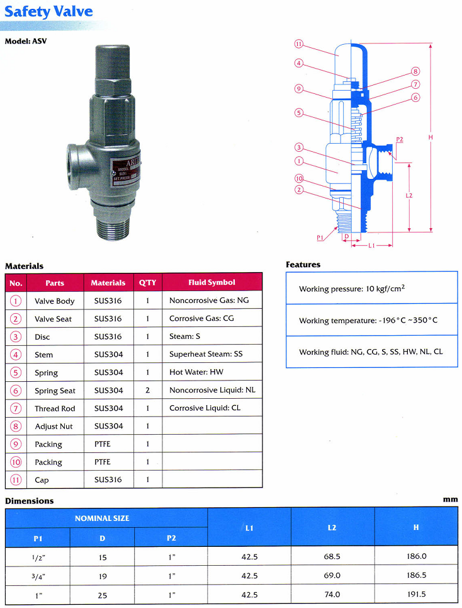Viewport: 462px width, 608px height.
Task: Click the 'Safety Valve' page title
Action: [48, 11]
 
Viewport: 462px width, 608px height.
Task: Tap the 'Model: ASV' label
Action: [26, 42]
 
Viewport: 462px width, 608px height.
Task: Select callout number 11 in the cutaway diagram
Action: [299, 44]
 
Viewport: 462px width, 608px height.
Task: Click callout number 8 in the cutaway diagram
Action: [415, 72]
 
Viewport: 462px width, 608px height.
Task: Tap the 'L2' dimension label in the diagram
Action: [409, 196]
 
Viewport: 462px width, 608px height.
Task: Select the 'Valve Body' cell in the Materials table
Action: [54, 301]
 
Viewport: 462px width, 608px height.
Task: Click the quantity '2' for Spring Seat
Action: [147, 391]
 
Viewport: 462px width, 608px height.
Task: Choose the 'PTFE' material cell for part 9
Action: [102, 444]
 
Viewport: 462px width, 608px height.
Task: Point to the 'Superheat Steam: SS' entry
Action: [205, 355]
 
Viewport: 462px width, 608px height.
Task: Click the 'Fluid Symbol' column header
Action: [211, 283]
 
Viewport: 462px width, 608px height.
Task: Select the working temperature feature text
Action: [368, 321]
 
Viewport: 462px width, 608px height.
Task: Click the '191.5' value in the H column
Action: [416, 594]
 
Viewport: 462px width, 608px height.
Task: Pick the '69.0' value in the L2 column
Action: [332, 576]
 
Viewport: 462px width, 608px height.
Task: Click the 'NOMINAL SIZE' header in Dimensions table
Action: [102, 518]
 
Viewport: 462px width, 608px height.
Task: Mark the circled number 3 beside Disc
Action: [15, 337]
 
